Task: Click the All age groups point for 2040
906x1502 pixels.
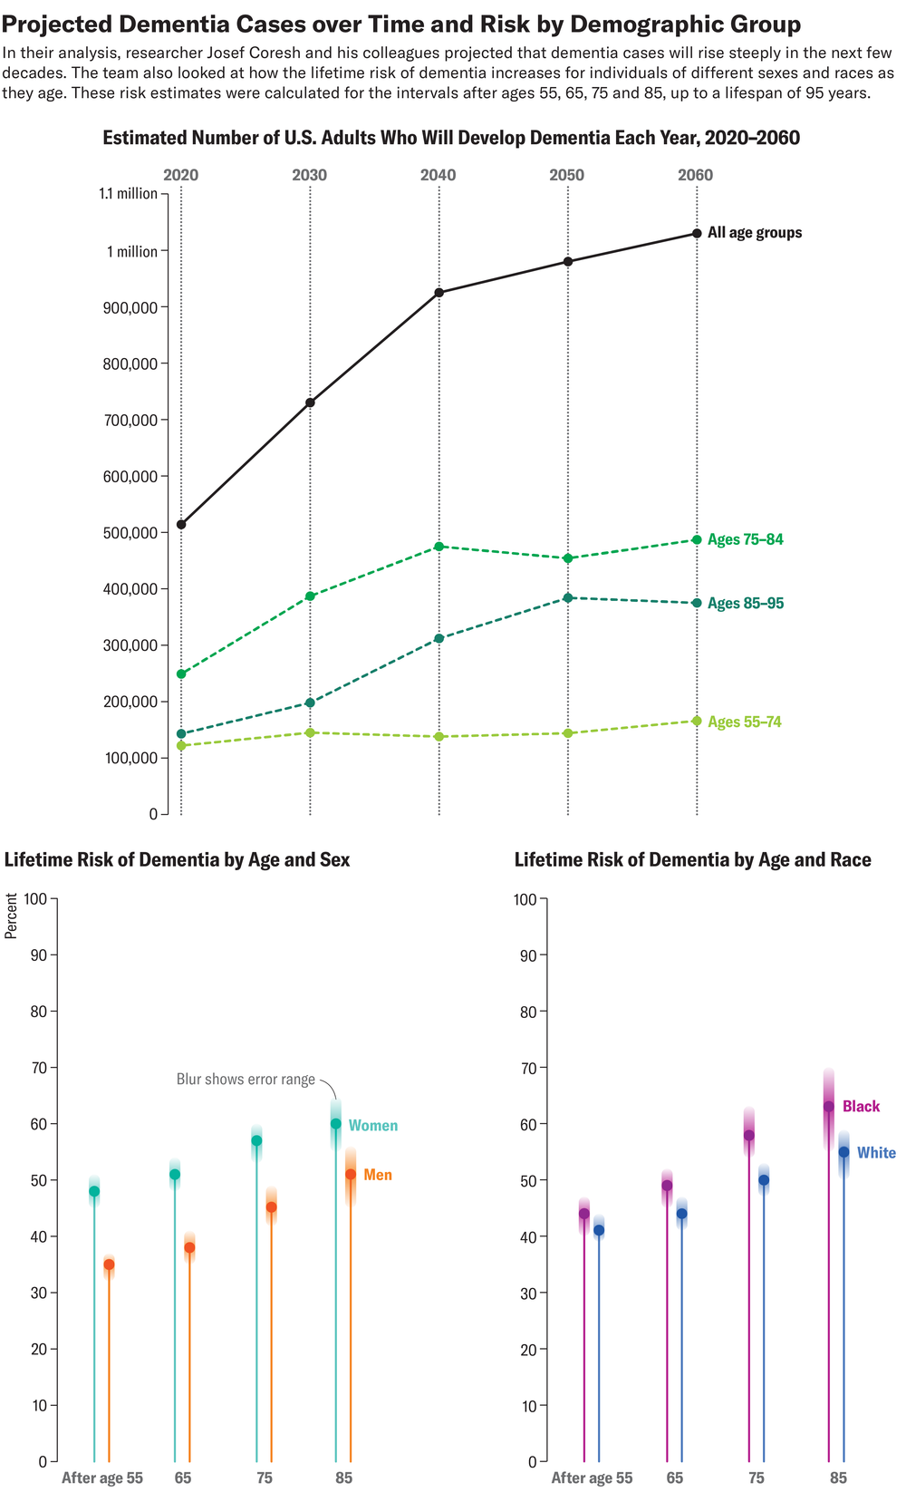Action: point(439,293)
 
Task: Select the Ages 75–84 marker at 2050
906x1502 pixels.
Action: point(568,558)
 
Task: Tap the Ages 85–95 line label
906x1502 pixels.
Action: point(746,604)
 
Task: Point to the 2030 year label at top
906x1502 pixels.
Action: point(310,175)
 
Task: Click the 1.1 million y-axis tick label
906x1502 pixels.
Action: point(128,194)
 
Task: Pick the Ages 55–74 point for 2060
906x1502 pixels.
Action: point(697,721)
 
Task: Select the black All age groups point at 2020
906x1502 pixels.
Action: point(181,524)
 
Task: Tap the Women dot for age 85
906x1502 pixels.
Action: point(336,1124)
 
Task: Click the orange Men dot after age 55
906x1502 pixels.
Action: point(109,1265)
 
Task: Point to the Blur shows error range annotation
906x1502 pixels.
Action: point(246,1080)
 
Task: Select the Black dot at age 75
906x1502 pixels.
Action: point(749,1135)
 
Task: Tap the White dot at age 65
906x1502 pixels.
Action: point(681,1214)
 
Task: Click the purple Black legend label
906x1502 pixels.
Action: point(861,1107)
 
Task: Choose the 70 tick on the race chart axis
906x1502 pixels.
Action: point(525,1068)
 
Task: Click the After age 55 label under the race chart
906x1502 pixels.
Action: point(592,1478)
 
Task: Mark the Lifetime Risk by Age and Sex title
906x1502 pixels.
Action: point(178,860)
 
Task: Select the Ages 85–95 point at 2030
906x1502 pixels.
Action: point(310,703)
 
